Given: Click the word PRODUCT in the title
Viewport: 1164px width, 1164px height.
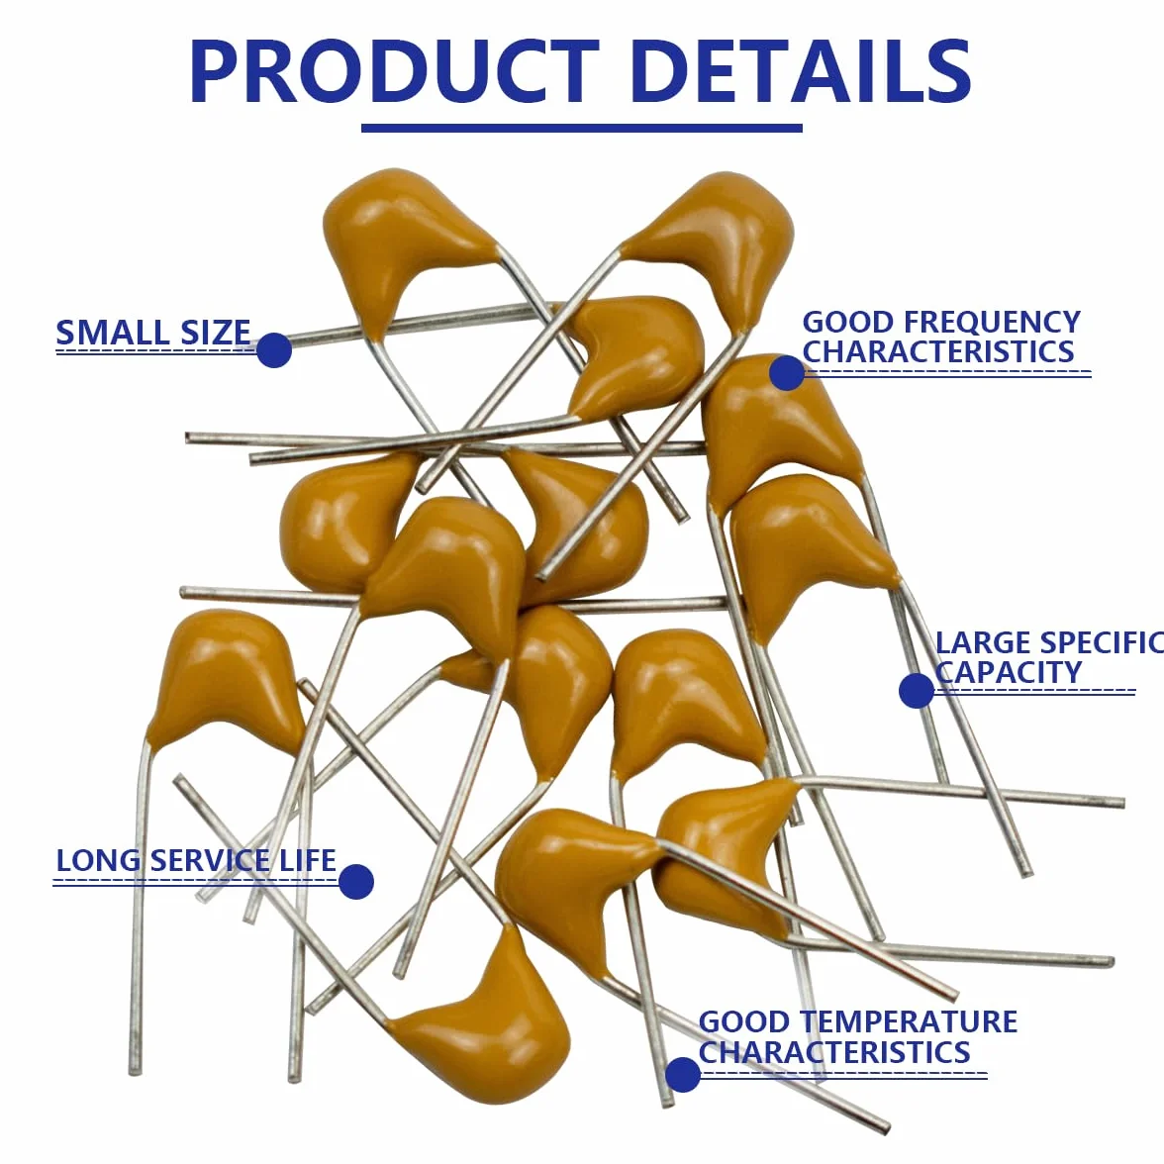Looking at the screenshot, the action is pyautogui.click(x=394, y=72).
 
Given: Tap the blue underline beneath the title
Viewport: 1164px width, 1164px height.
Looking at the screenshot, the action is pyautogui.click(x=582, y=129).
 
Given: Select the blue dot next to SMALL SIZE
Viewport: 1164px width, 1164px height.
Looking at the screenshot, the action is pyautogui.click(x=274, y=349).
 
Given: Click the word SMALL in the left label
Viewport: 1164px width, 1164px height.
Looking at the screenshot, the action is pyautogui.click(x=103, y=332).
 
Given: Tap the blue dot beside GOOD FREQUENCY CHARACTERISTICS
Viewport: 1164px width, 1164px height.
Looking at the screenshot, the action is pyautogui.click(x=787, y=372).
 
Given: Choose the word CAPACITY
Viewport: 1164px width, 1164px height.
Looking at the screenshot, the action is pyautogui.click(x=1009, y=672).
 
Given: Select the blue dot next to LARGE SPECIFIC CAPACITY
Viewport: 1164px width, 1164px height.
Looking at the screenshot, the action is pyautogui.click(x=917, y=691).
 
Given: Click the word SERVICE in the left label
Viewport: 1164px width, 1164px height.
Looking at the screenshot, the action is pyautogui.click(x=211, y=860).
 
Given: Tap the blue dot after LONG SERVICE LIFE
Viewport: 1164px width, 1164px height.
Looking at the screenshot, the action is pyautogui.click(x=356, y=881).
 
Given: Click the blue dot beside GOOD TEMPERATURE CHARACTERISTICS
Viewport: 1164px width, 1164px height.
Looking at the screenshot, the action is pyautogui.click(x=683, y=1074).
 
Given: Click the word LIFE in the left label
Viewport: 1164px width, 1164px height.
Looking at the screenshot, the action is pyautogui.click(x=307, y=860).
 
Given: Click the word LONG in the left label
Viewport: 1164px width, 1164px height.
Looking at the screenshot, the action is pyautogui.click(x=99, y=860).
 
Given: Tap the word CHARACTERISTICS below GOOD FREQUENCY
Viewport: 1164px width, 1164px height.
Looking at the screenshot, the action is pyautogui.click(x=938, y=351).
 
